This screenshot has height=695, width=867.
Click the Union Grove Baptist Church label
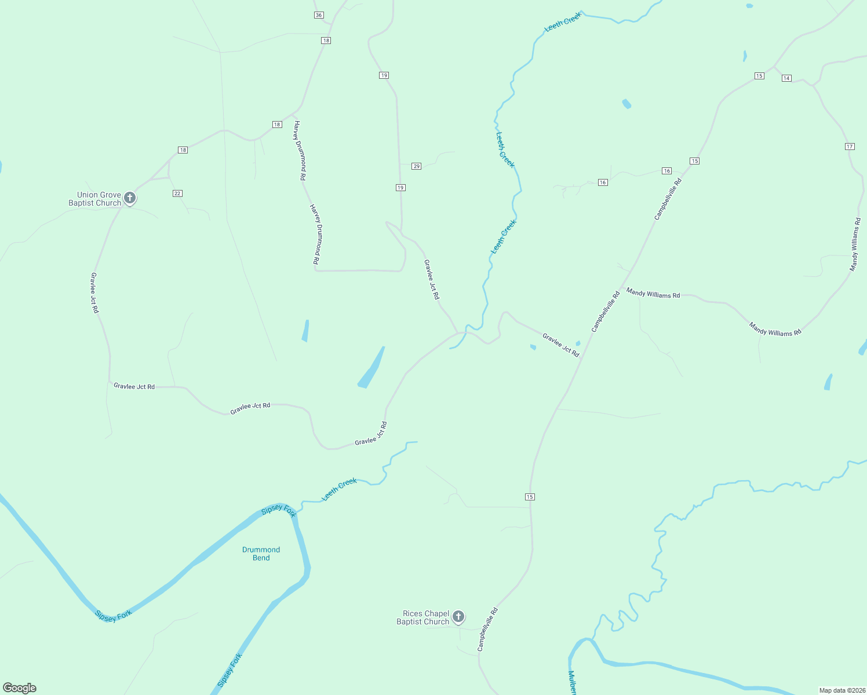(94, 199)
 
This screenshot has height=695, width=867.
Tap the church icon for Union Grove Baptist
(130, 198)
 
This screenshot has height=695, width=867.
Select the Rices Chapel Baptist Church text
(423, 618)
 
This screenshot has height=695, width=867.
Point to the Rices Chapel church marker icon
(458, 617)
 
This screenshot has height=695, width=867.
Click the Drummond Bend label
(261, 554)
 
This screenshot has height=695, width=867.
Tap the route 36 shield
(319, 15)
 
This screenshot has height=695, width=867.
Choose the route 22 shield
(177, 193)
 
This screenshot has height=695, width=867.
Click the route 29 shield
(416, 166)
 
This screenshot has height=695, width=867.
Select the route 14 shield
(786, 78)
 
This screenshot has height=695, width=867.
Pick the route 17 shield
(850, 147)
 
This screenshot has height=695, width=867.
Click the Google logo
(20, 688)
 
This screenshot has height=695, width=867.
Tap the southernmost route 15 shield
(530, 497)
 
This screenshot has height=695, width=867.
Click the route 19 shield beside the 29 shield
(400, 188)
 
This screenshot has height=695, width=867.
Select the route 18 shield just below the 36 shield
(326, 41)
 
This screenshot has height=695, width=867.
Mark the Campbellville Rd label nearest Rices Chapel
(487, 630)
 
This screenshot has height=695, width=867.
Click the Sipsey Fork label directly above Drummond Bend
(279, 510)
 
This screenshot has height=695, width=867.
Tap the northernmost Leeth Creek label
(563, 22)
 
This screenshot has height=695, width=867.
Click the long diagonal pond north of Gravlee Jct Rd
(371, 368)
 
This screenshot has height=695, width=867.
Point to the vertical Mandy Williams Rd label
(855, 244)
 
